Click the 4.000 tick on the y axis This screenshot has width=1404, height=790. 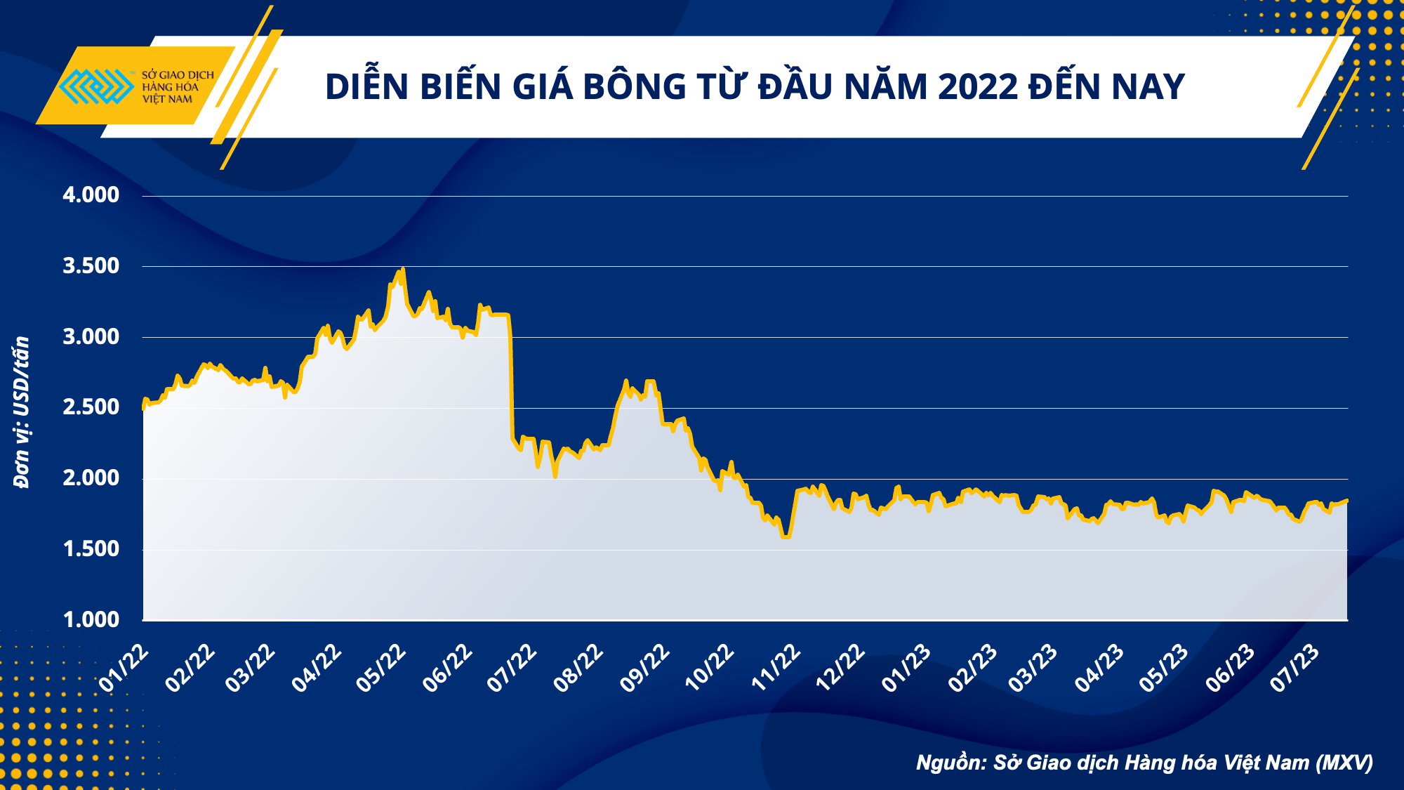click(91, 195)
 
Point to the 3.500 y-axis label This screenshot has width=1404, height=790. click(91, 266)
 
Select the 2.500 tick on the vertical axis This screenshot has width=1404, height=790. click(91, 407)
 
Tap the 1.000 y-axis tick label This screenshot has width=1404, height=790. click(91, 619)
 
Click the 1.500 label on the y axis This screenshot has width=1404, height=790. click(91, 549)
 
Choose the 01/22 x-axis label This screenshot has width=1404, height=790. click(124, 668)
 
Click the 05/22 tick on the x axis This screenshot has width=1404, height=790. click(381, 668)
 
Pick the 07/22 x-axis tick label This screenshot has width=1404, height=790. click(512, 668)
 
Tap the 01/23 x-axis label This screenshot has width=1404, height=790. click(906, 668)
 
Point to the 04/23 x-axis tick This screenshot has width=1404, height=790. click(1099, 668)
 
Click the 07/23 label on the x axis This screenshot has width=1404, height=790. click(1295, 668)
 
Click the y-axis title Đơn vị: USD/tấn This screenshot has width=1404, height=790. click(22, 412)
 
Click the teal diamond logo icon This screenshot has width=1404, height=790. click(95, 86)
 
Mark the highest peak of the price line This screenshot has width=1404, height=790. click(402, 269)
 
